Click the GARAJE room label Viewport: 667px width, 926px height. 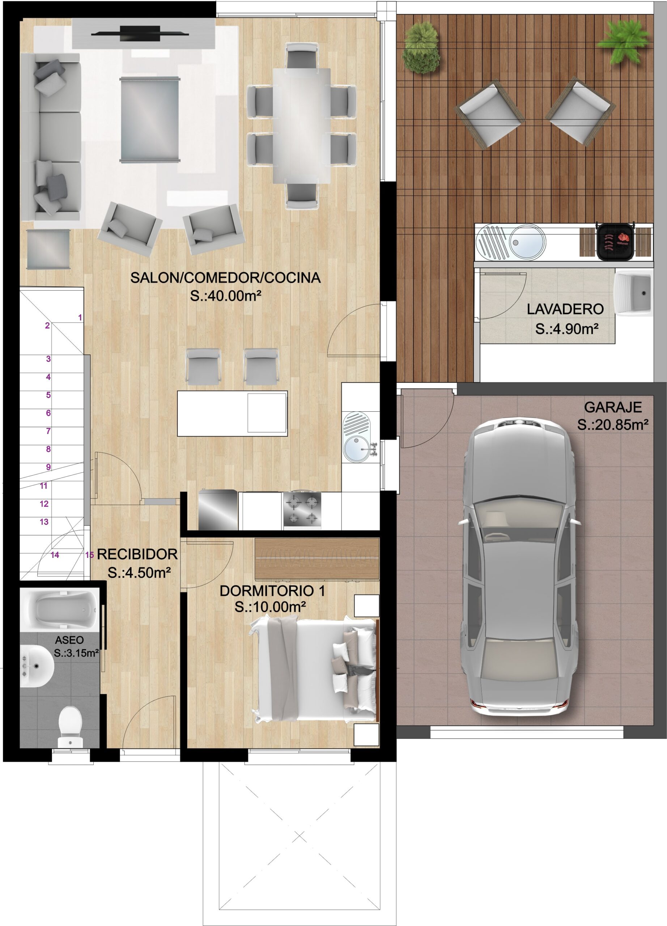pyautogui.click(x=613, y=407)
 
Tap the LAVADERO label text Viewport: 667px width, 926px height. pyautogui.click(x=565, y=309)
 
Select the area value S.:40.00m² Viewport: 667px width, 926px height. pyautogui.click(x=225, y=296)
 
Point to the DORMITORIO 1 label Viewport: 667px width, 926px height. pyautogui.click(x=272, y=591)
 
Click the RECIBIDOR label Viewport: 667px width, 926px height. pyautogui.click(x=137, y=554)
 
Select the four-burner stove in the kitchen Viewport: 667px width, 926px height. pyautogui.click(x=302, y=510)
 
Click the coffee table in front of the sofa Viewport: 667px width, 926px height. pyautogui.click(x=149, y=119)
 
